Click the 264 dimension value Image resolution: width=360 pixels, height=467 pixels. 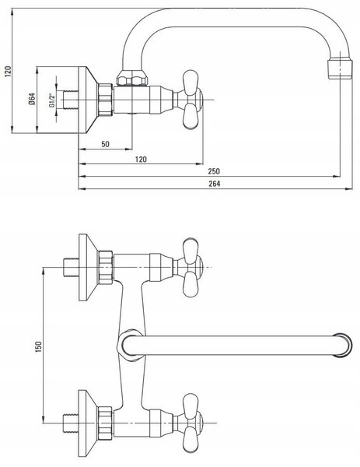pos(215,184)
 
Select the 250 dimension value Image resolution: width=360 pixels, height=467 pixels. pos(214,171)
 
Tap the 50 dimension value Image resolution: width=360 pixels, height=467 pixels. pos(105,144)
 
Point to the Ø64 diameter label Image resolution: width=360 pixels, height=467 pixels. pos(32,99)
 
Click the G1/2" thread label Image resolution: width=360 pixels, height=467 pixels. pos(51,100)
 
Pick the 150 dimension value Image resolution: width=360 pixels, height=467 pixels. pos(38,347)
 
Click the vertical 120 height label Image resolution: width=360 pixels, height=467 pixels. pos(8,72)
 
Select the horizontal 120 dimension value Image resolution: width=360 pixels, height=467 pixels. pos(141,160)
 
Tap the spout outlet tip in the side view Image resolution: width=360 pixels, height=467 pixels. pos(340,69)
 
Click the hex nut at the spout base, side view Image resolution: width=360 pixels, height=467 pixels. pos(132,78)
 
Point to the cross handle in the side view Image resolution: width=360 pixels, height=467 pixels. pos(190,100)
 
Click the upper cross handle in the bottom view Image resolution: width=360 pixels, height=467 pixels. pos(190,268)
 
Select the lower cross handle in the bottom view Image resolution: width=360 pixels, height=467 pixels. pos(190,423)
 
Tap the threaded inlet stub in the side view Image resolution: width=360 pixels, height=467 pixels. pos(71,100)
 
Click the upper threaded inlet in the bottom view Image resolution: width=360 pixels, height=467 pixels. pos(72,268)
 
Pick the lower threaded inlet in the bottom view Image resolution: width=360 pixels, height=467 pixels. pos(72,423)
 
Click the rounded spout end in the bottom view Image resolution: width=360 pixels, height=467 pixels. pos(343,345)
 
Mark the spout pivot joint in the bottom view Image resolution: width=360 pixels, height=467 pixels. pos(130,345)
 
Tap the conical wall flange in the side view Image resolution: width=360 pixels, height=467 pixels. pos(88,100)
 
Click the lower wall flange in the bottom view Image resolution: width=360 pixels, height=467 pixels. pos(88,423)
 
